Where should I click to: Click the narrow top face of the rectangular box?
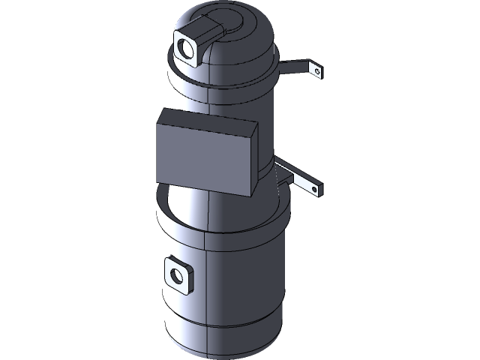pos(210,120)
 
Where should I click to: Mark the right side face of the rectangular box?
pos(253,161)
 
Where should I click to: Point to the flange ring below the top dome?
pos(225,82)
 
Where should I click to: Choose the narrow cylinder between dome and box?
pos(225,101)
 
